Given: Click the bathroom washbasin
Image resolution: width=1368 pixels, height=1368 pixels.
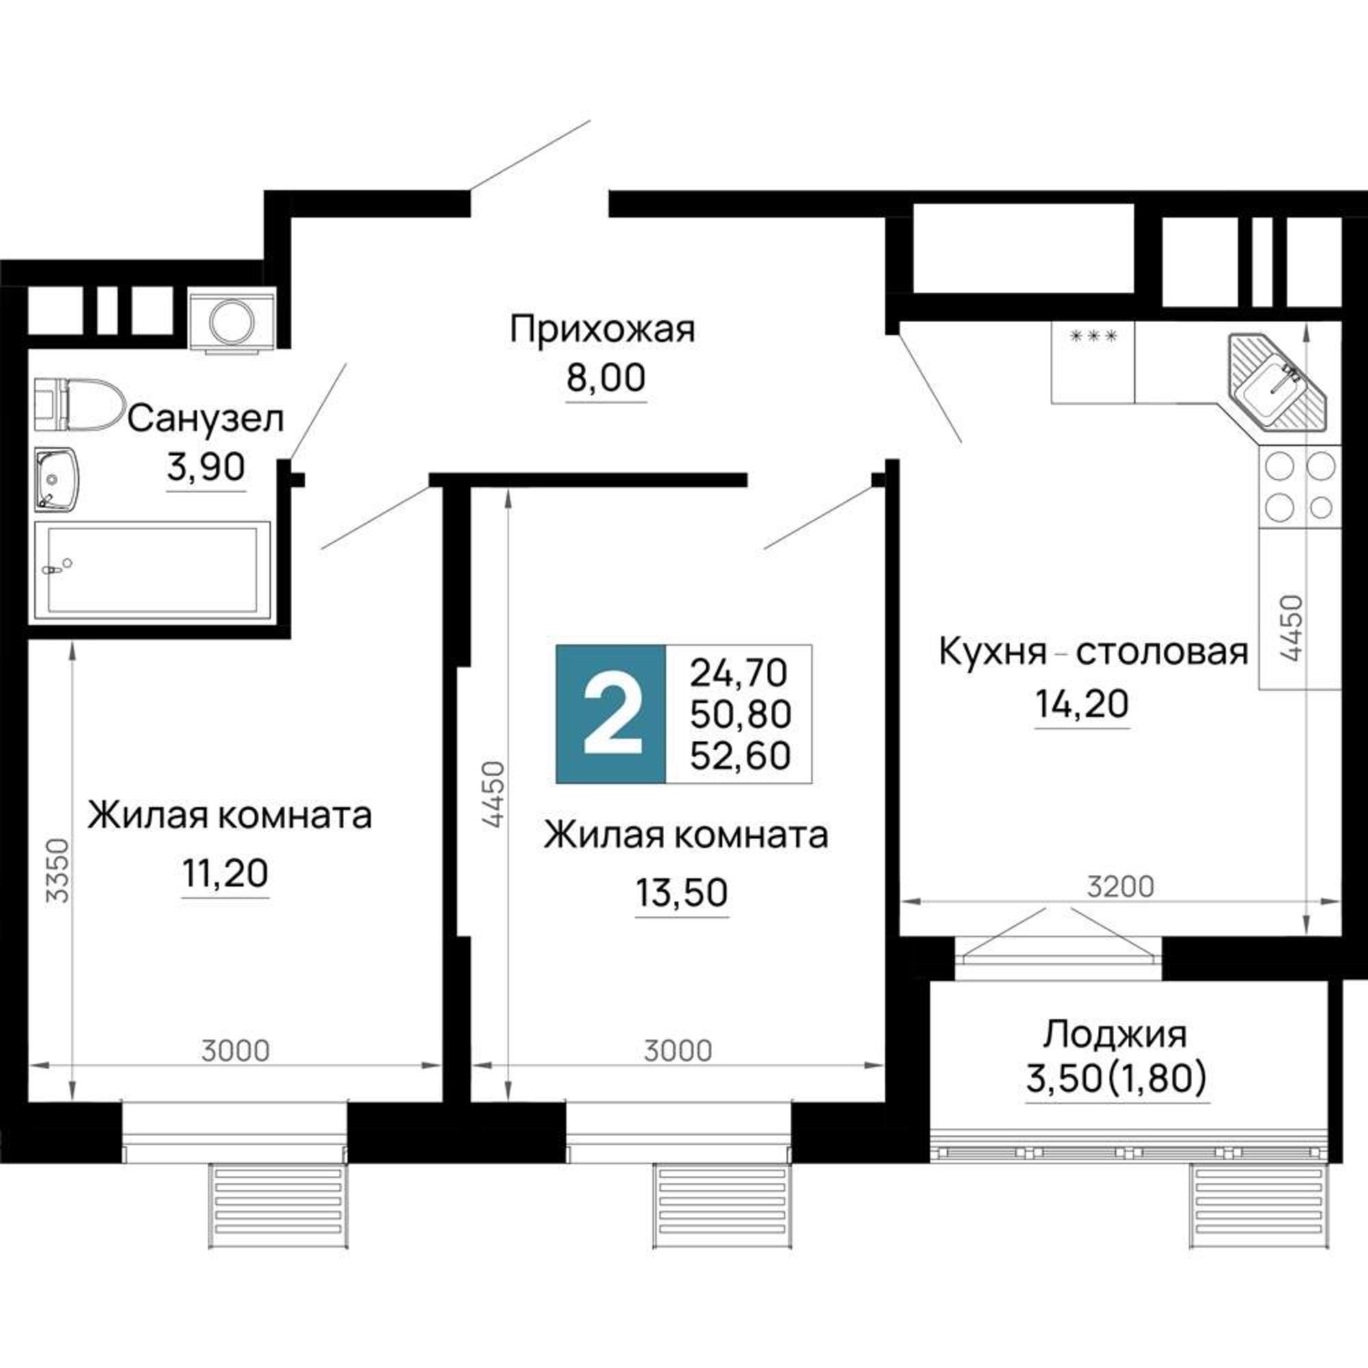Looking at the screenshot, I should [x=57, y=479].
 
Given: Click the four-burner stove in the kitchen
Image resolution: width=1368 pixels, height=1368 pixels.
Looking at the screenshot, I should [x=1300, y=486].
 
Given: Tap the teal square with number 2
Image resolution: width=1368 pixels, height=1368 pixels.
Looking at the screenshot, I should [x=611, y=713].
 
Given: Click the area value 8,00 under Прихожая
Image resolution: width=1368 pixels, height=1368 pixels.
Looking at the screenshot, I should [x=605, y=378].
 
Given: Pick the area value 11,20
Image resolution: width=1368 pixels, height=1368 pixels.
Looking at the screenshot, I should [x=225, y=873].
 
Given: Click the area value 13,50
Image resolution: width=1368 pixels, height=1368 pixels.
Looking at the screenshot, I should [x=681, y=893].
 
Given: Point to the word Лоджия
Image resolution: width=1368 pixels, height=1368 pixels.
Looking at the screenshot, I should [x=1114, y=1034].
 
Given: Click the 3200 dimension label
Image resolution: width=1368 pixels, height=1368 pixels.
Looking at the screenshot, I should [x=1120, y=886].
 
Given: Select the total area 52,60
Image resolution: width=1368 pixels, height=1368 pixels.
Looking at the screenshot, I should [x=740, y=757].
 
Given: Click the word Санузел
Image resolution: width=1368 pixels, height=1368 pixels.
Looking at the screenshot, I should [x=205, y=419].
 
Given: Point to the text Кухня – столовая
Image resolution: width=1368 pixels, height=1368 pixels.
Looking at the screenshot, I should [x=1092, y=651].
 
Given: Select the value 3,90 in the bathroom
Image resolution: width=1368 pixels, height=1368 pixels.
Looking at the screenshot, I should [x=206, y=466].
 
